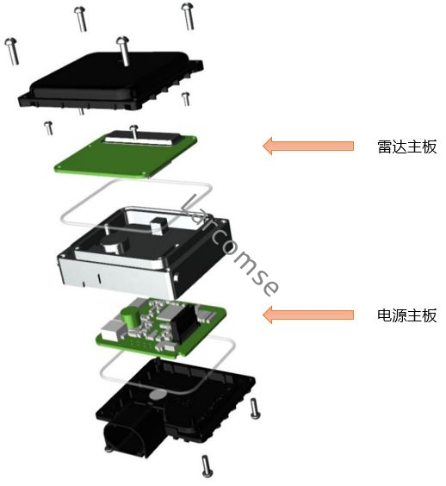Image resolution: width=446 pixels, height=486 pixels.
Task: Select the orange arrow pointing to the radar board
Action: (307, 146)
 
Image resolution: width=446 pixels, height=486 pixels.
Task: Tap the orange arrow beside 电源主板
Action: (307, 315)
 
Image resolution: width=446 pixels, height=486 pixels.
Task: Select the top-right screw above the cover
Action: (188, 16)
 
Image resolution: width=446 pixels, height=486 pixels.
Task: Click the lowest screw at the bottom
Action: (206, 464)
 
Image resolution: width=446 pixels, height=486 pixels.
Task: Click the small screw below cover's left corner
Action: (49, 128)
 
